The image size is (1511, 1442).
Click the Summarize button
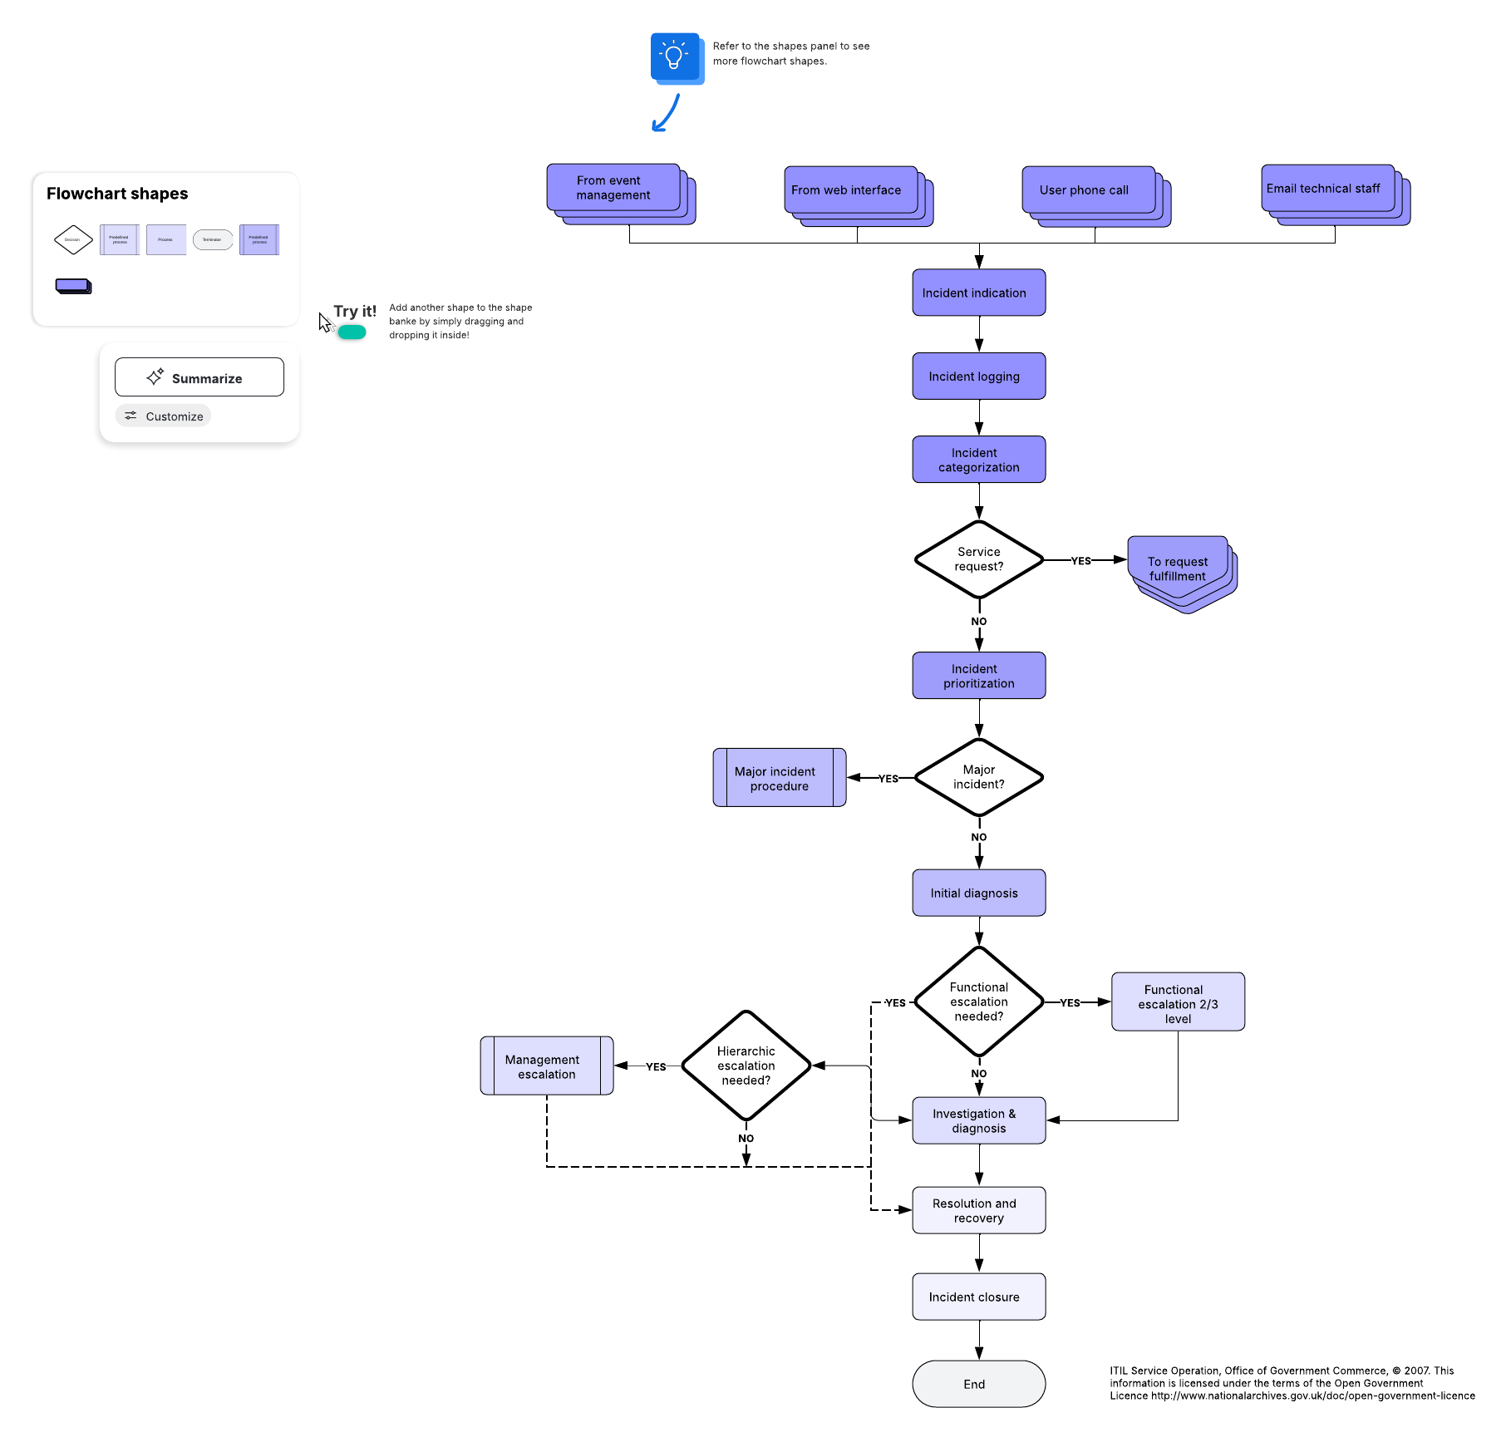[199, 377]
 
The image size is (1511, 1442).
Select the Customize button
[164, 416]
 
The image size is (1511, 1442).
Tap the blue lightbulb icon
[674, 57]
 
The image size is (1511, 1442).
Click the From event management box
[613, 188]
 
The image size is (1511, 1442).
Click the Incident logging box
[978, 376]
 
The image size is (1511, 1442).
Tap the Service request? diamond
[978, 559]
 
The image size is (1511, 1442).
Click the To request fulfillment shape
[1177, 568]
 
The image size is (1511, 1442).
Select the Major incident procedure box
[779, 778]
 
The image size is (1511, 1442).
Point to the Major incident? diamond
[978, 777]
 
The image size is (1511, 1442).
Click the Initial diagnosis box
[978, 893]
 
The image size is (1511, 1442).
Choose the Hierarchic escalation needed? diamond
[746, 1066]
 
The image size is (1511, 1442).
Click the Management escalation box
[546, 1066]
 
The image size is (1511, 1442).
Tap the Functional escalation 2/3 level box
[1177, 1002]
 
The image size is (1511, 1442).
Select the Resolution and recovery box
[978, 1210]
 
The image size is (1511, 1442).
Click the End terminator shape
[978, 1384]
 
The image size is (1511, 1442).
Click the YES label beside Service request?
[1080, 561]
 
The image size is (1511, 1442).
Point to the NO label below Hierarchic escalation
[746, 1139]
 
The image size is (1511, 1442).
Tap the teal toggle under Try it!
[352, 332]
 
